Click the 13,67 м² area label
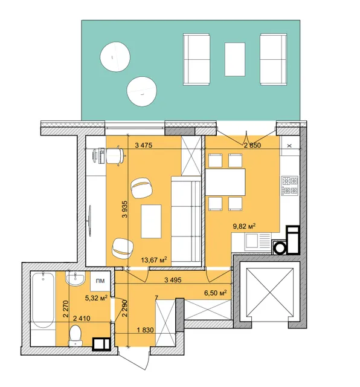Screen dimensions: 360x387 154,259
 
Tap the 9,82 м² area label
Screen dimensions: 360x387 244,226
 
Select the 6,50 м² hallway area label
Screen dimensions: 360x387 216,293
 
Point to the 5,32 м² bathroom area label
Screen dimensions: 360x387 96,298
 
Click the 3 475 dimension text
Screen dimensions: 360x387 144,145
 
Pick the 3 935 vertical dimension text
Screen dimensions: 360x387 125,209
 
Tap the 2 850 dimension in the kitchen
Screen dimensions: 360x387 252,145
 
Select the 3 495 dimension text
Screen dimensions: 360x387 173,280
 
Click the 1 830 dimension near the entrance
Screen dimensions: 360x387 145,330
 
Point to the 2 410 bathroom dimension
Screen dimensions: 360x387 82,319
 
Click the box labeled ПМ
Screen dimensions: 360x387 100,281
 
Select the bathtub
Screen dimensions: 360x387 43,300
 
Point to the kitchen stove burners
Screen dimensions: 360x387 290,186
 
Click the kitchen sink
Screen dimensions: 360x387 251,241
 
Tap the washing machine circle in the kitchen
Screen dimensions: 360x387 280,248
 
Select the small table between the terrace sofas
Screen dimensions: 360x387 235,59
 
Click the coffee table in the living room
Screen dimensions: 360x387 151,221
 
